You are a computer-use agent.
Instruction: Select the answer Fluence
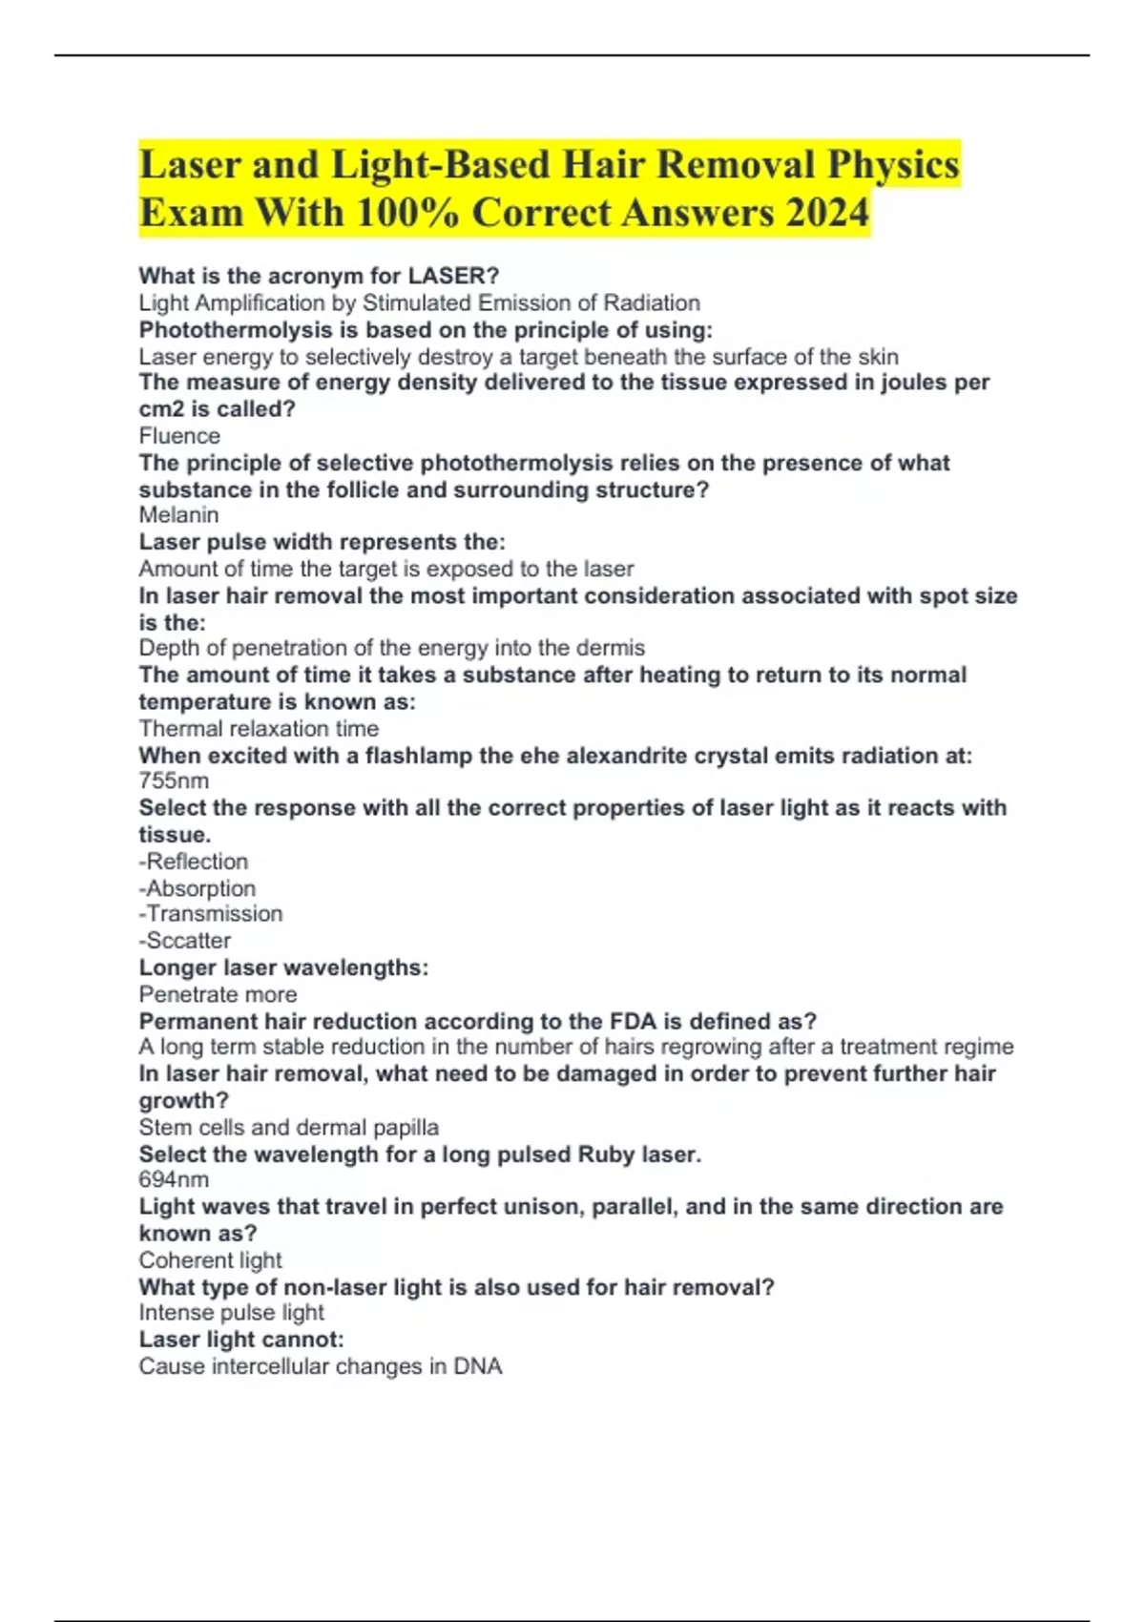[179, 436]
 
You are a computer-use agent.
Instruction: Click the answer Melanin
[178, 515]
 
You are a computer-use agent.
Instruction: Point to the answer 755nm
[174, 780]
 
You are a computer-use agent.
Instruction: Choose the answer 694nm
[174, 1179]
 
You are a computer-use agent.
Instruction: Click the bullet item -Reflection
[194, 862]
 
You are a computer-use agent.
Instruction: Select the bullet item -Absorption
[198, 888]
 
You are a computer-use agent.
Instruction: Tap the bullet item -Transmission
[211, 914]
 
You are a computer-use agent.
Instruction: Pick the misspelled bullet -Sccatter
[185, 941]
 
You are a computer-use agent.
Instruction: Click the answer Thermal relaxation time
[259, 729]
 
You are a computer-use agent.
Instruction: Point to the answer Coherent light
[210, 1260]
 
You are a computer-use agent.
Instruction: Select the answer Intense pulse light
[231, 1313]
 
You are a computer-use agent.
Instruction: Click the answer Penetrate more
[218, 994]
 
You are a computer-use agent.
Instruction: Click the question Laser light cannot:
[241, 1340]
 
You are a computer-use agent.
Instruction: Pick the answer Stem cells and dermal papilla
[288, 1128]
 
